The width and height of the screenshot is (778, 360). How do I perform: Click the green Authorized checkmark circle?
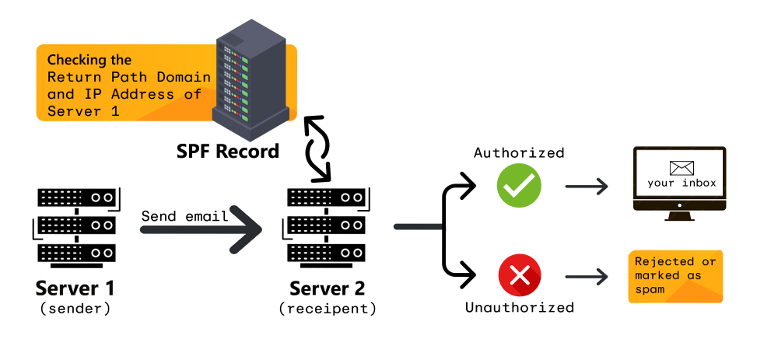click(x=519, y=186)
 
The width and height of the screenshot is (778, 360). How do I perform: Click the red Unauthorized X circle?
click(x=519, y=274)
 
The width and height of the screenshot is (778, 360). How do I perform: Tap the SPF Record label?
click(x=227, y=151)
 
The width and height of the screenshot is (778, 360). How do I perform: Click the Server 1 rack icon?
click(x=75, y=225)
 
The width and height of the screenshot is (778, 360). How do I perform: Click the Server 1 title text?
click(x=75, y=288)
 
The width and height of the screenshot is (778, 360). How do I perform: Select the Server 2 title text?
click(x=327, y=288)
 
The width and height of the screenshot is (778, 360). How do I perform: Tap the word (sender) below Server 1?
click(x=75, y=309)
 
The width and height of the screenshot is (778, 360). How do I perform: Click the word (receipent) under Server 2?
click(x=328, y=309)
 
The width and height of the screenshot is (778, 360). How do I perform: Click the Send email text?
click(x=185, y=215)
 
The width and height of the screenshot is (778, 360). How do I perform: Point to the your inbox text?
click(x=681, y=183)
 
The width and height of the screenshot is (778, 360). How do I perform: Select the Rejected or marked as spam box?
click(x=675, y=276)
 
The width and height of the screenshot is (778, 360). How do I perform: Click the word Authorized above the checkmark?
click(x=519, y=152)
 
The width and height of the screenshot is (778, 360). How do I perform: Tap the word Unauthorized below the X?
click(x=519, y=307)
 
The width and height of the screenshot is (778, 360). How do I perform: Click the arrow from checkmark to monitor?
click(x=587, y=187)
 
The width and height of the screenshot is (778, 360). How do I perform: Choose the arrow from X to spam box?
click(x=587, y=275)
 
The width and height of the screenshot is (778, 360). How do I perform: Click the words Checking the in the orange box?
click(x=89, y=60)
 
